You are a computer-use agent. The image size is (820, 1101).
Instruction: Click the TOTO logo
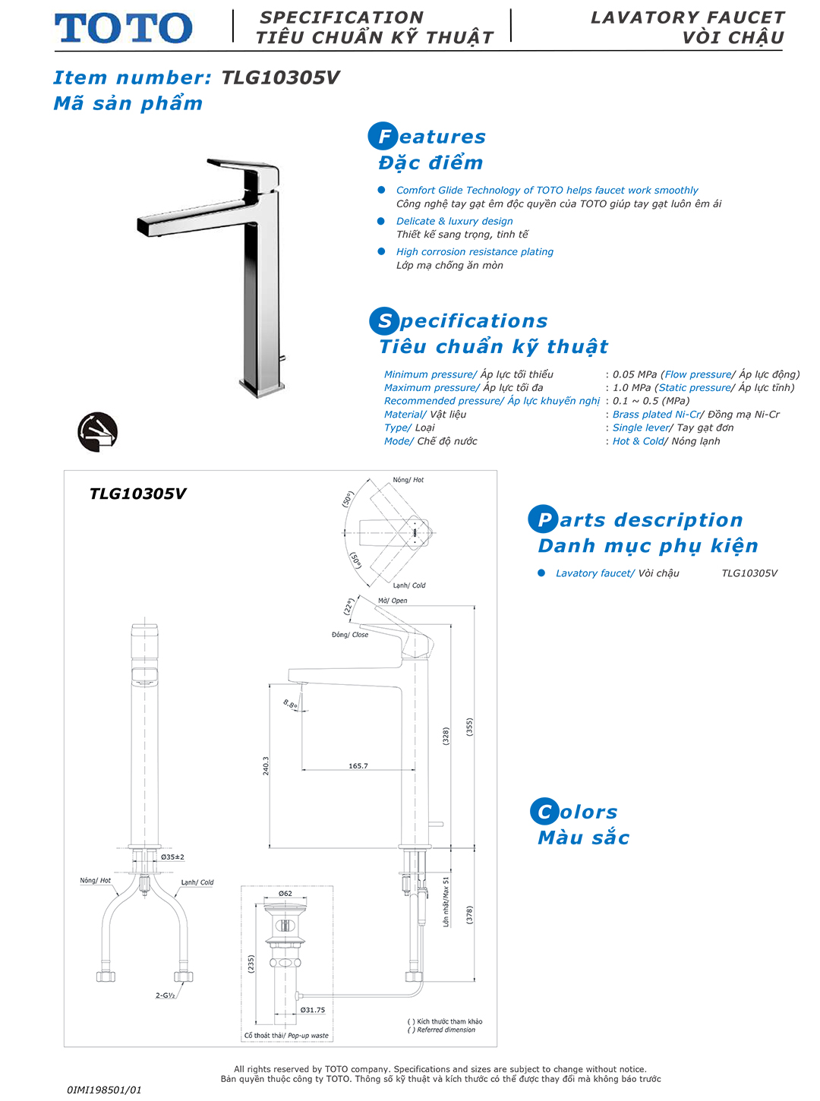(123, 28)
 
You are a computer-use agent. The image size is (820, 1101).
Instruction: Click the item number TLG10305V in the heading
(280, 77)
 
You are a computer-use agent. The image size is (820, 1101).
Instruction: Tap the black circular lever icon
(98, 432)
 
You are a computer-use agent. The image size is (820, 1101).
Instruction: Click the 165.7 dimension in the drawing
(358, 765)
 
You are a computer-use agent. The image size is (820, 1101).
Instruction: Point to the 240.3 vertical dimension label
(266, 765)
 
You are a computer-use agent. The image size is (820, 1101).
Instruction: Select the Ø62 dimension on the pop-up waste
(285, 893)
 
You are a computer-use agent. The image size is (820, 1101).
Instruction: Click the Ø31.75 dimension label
(312, 1010)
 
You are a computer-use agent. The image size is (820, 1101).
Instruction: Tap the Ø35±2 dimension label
(172, 857)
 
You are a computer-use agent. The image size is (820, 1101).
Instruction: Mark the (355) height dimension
(469, 727)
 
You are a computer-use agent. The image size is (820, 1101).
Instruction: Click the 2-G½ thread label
(166, 995)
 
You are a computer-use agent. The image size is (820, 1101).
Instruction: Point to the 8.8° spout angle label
(291, 705)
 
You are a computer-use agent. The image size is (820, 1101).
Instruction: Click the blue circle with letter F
(383, 137)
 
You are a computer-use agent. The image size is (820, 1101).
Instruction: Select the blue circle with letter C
(544, 812)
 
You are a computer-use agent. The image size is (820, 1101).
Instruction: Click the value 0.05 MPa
(635, 374)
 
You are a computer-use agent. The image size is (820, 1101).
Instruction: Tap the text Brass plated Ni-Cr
(656, 415)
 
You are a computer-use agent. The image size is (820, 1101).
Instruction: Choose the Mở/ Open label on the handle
(393, 601)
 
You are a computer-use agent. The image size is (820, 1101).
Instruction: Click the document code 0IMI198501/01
(105, 1090)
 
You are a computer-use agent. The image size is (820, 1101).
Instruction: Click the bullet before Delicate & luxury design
(381, 221)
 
